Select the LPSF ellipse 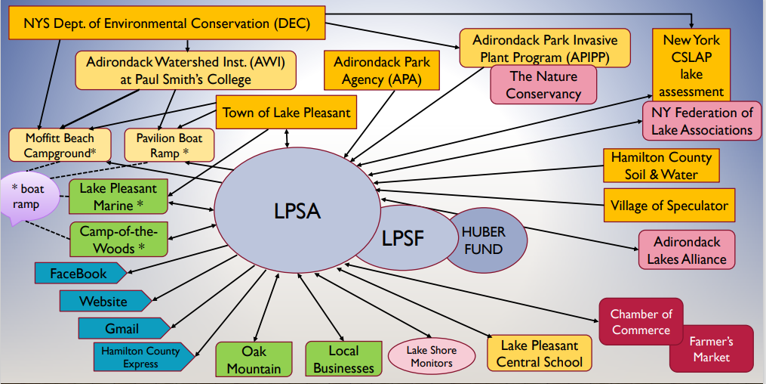pos(404,239)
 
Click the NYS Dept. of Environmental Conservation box pos(168,23)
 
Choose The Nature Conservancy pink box pos(543,85)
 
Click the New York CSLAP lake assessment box pos(691,66)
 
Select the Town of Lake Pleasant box pos(286,113)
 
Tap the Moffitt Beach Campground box pos(60,145)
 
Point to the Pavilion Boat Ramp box pos(168,145)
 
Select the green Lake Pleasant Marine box pos(118,197)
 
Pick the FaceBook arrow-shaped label pos(78,273)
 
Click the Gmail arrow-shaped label pos(121,329)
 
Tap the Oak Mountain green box pos(254,360)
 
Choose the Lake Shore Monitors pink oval pos(432,356)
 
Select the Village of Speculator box pos(669,206)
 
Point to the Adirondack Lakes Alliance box pos(686,251)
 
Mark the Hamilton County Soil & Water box pos(660,166)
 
